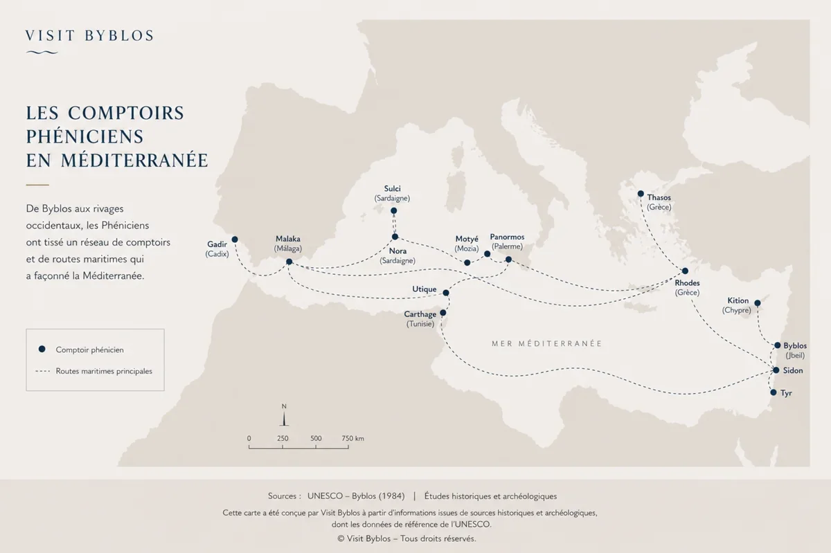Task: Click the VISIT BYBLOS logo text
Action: point(89,36)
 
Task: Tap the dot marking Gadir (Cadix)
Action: point(235,239)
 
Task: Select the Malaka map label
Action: point(288,239)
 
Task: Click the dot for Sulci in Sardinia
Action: point(394,210)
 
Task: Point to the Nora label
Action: point(397,251)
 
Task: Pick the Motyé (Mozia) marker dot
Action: point(467,262)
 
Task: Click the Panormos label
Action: point(507,237)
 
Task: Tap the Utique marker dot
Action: point(446,293)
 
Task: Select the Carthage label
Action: point(420,314)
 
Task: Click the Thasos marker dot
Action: point(641,194)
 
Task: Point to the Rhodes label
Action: point(687,283)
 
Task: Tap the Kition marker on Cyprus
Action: point(757,303)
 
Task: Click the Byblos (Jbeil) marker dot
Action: point(778,345)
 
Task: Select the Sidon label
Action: point(793,371)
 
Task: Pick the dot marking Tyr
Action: point(774,392)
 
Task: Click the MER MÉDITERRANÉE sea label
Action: point(546,343)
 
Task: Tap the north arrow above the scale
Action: point(284,417)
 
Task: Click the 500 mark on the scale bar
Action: point(316,439)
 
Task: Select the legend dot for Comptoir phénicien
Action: point(42,350)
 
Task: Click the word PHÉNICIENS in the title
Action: point(84,136)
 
